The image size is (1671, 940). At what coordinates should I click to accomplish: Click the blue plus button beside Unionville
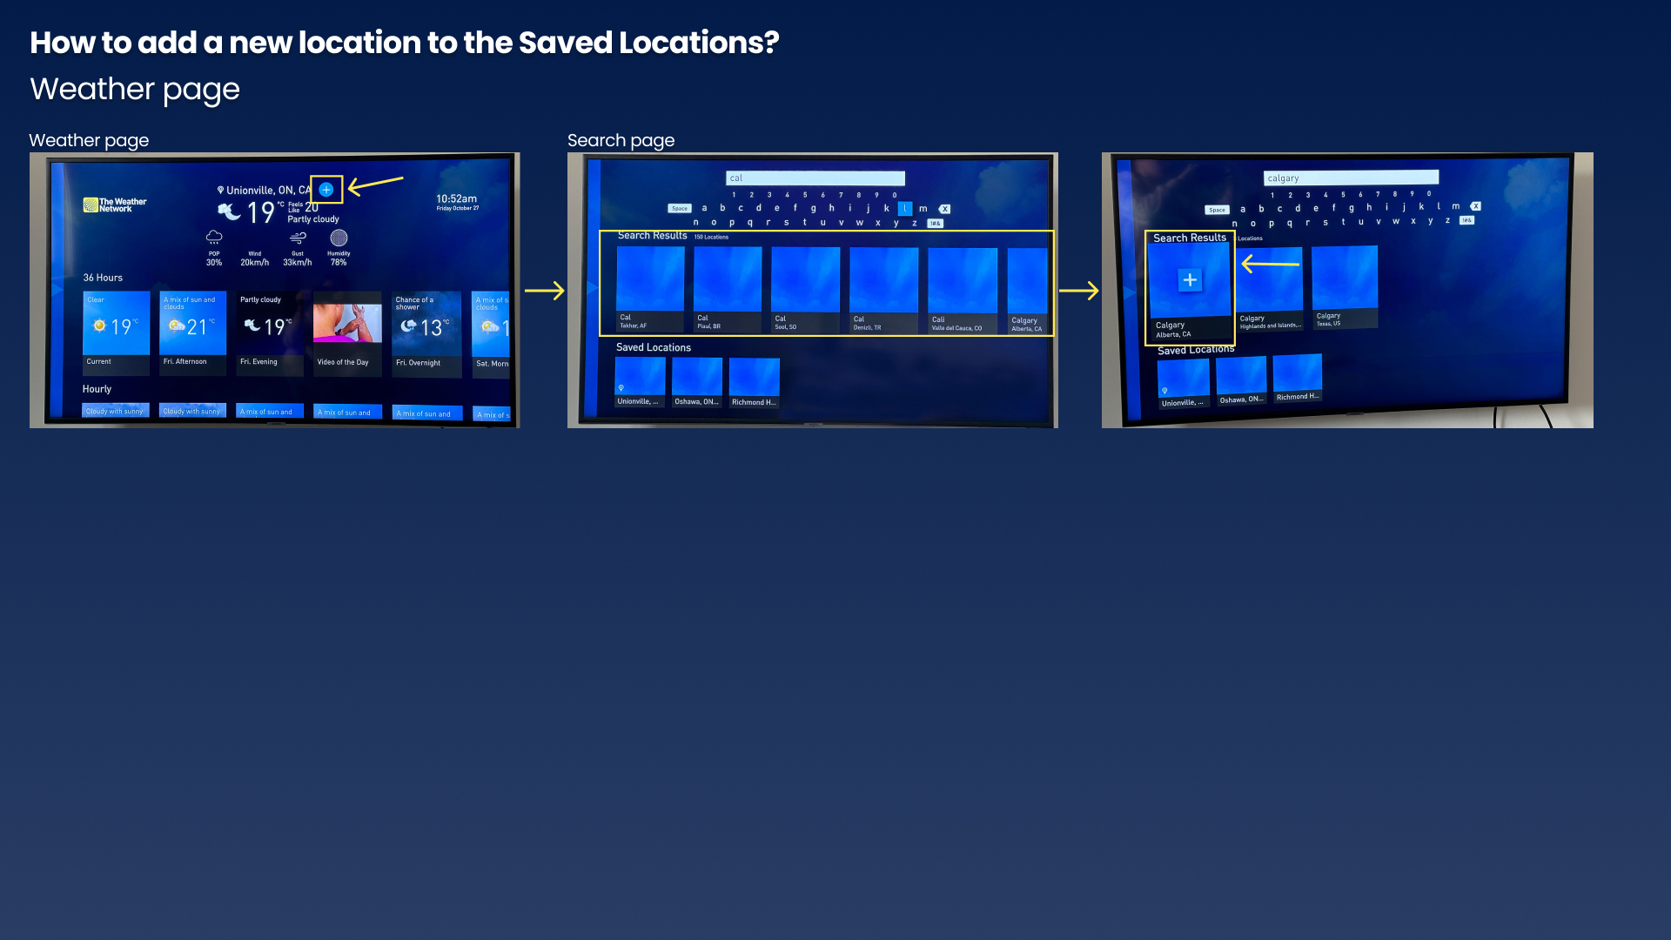coord(326,189)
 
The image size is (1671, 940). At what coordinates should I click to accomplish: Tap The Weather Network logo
coord(115,205)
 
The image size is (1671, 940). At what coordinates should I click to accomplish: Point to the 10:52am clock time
coord(456,199)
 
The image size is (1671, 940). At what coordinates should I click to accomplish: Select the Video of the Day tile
coord(347,332)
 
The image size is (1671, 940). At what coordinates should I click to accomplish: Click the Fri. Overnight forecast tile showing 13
coord(426,333)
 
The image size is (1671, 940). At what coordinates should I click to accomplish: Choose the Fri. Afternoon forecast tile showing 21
coord(192,332)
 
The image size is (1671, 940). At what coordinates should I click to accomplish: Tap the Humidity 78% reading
coord(339,247)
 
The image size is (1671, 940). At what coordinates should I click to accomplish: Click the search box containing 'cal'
coord(815,178)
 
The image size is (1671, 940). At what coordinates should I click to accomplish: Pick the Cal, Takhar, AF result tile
coord(650,288)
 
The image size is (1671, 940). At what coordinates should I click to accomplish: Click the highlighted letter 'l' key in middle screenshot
coord(905,209)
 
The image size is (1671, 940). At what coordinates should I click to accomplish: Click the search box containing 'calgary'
coord(1351,178)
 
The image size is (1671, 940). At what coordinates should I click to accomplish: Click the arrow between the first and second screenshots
coord(545,291)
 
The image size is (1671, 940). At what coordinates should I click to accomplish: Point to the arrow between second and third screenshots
coord(1079,291)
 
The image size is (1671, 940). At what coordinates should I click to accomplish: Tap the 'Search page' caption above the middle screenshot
coord(621,140)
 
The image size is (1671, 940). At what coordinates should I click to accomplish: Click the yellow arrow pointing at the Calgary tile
coord(1271,263)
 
